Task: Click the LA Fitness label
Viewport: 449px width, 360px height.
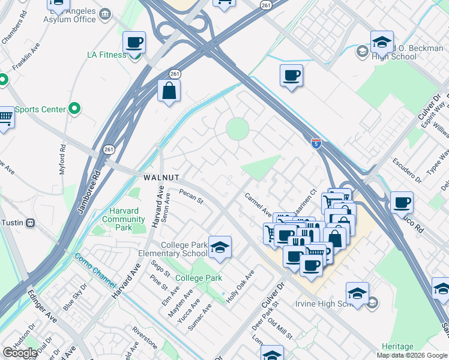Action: point(106,55)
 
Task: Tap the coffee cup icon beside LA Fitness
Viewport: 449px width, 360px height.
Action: point(134,43)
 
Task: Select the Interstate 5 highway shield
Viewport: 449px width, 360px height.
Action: point(316,143)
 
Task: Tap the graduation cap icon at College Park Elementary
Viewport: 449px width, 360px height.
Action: point(220,247)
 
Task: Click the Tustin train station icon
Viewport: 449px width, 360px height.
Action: point(30,223)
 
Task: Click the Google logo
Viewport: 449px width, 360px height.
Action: point(20,353)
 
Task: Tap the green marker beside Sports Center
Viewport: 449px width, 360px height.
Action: point(74,109)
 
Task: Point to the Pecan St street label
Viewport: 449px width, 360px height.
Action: point(191,196)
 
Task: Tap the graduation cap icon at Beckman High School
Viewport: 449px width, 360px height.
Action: point(381,42)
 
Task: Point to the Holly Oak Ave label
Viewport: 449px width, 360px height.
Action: point(240,286)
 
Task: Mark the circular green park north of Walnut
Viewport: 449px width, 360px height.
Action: point(237,128)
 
